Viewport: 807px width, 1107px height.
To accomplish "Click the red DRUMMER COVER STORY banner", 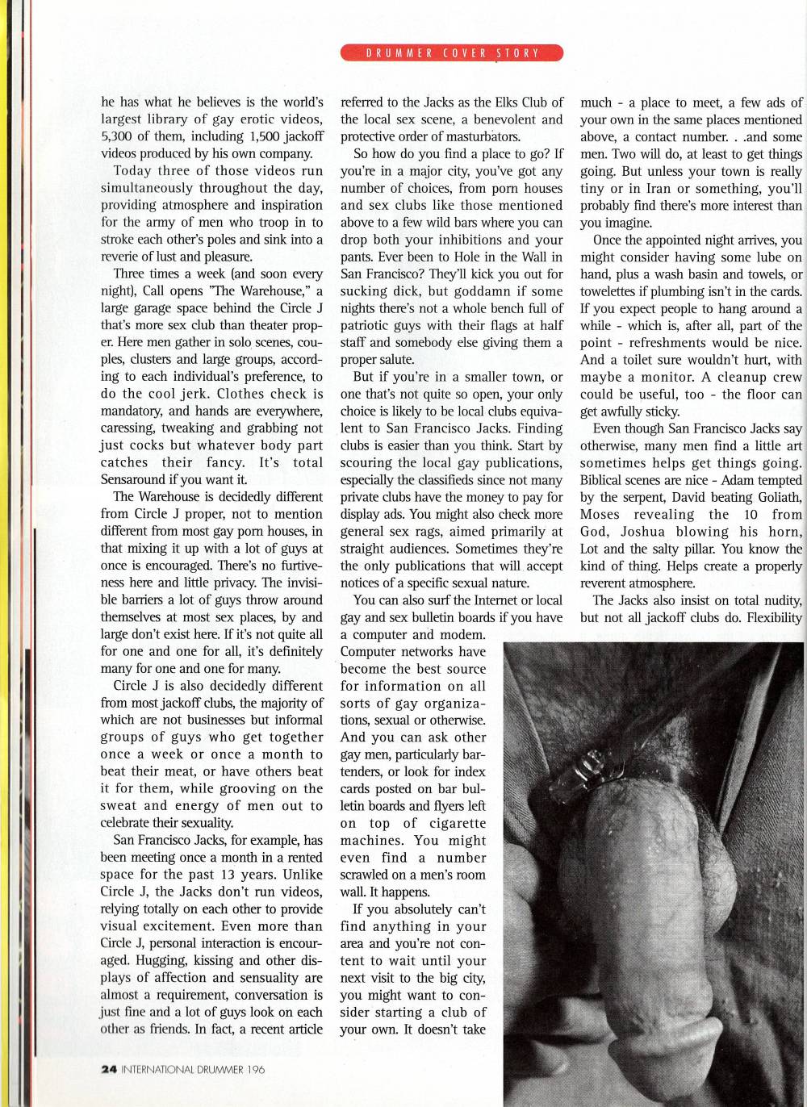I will (x=452, y=53).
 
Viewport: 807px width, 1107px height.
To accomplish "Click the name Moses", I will (x=600, y=515).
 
